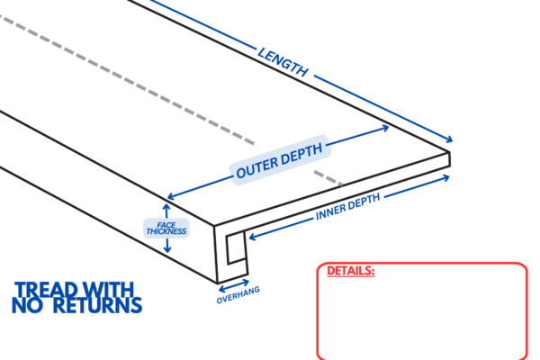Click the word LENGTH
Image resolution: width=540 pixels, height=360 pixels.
(283, 60)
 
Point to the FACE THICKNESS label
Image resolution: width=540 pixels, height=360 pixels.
(166, 228)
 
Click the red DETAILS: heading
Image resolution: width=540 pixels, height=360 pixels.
(350, 270)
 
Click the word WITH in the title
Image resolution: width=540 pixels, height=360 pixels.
(112, 290)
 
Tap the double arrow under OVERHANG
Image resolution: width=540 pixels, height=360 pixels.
(234, 288)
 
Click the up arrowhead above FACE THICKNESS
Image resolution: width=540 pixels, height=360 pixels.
(166, 203)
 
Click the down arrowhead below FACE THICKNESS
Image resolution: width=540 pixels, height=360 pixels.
(166, 248)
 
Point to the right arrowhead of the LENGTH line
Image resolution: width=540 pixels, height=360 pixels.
(451, 141)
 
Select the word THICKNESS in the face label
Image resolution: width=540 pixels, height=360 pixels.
(166, 231)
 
